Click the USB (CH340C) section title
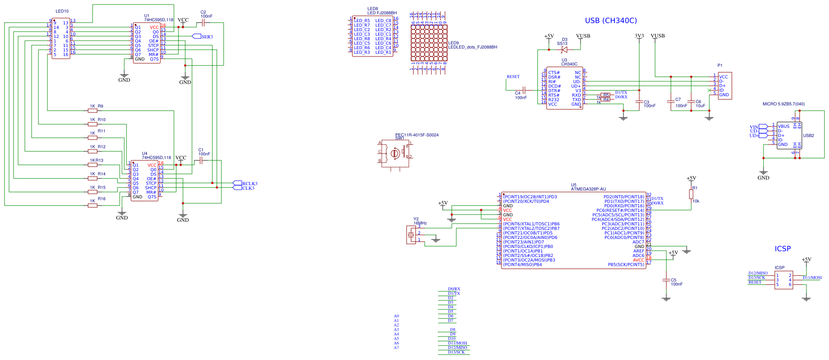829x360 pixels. point(611,21)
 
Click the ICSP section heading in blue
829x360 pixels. point(782,249)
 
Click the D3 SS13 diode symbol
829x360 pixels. point(564,50)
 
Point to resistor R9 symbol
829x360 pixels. point(93,111)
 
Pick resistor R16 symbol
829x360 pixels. point(93,206)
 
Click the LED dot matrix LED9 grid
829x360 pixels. point(429,43)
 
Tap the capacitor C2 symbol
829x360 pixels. point(203,23)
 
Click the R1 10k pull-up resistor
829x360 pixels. point(691,194)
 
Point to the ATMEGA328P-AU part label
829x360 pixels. point(588,189)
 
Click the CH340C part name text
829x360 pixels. point(569,64)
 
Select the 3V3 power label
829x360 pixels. point(639,36)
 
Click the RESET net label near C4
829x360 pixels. point(513,77)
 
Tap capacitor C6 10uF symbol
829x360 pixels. point(691,101)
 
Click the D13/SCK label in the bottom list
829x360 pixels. point(456,352)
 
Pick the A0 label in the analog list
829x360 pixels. point(396,316)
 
